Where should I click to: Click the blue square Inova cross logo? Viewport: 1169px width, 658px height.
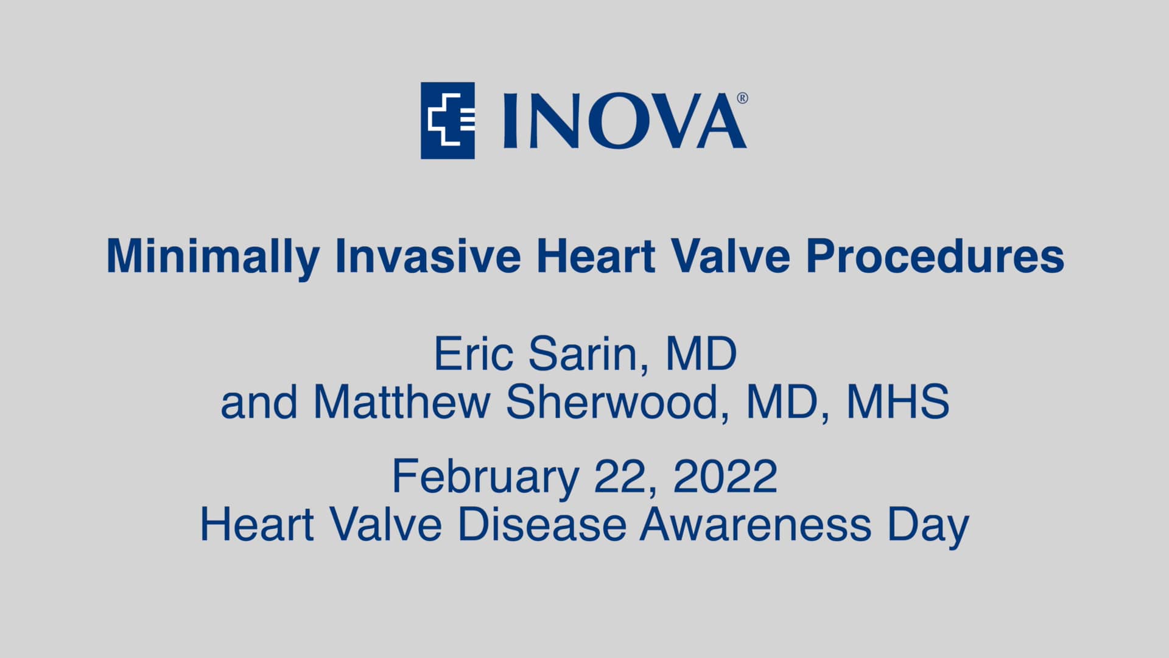coord(448,121)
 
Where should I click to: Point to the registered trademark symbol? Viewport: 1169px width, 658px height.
coord(742,98)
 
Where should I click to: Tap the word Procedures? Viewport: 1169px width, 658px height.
coord(935,256)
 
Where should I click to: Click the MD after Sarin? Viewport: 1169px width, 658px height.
coord(701,354)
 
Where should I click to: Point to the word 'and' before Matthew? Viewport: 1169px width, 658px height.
coord(259,403)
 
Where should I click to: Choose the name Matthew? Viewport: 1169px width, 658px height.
coord(402,403)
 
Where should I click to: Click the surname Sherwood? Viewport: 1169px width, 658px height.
coord(612,403)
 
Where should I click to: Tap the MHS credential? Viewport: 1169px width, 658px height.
coord(898,403)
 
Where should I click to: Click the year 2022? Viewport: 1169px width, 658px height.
coord(725,476)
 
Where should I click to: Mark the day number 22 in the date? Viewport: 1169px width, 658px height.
coord(619,476)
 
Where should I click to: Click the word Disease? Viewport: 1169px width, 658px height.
coord(542,525)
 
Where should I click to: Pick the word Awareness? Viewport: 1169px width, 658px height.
coord(755,525)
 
